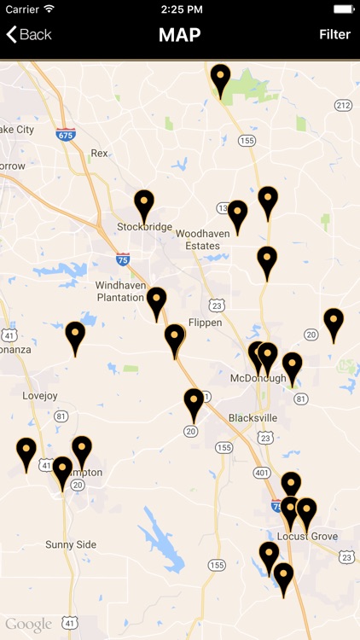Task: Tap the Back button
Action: (x=29, y=34)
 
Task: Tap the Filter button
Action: (x=334, y=34)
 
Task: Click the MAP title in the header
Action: (x=179, y=35)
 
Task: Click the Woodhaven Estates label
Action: (x=198, y=239)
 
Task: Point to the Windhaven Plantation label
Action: (x=120, y=291)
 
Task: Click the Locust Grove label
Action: (x=307, y=536)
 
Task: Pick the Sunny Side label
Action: (x=71, y=544)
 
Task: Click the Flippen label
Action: (x=204, y=323)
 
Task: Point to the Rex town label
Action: (x=99, y=154)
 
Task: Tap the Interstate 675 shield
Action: (x=66, y=134)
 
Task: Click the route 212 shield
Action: (x=343, y=105)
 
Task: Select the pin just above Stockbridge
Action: (x=144, y=206)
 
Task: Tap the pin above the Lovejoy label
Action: (x=76, y=336)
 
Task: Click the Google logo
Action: (x=28, y=625)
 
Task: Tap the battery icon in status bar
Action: (x=343, y=9)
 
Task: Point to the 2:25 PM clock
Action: (x=179, y=9)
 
